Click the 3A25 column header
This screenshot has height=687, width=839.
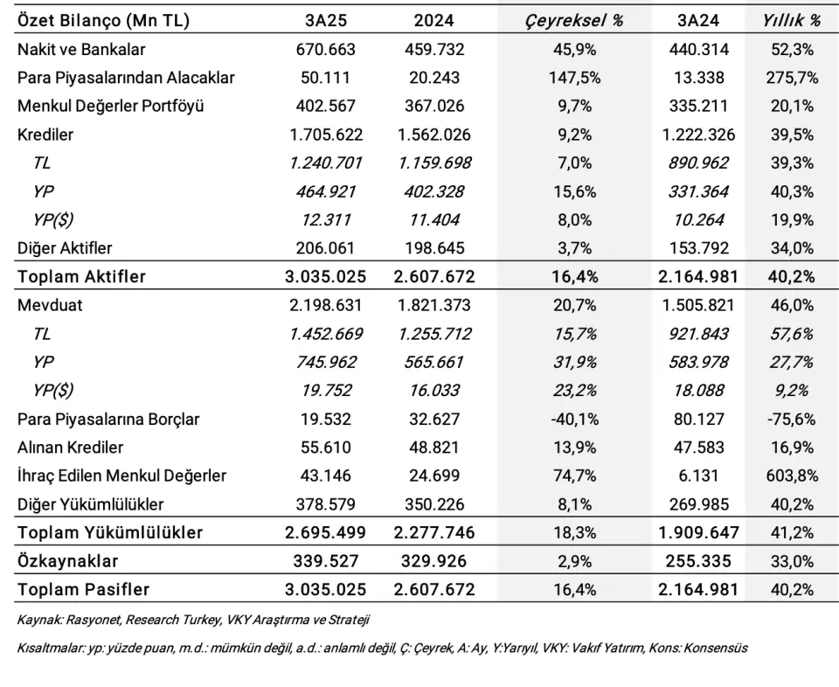point(326,20)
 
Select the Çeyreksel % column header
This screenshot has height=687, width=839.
point(574,20)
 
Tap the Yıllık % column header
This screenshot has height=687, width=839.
point(792,20)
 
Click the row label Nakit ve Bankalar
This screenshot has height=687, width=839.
point(81,49)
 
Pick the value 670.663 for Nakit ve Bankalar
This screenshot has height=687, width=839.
point(326,49)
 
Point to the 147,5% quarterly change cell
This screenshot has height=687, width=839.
point(575,78)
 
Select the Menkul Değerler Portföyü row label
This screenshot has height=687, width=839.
point(111,106)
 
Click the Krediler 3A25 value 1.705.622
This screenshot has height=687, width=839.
point(326,135)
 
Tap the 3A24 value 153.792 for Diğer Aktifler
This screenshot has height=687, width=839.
point(699,248)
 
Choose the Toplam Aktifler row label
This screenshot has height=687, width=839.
point(81,276)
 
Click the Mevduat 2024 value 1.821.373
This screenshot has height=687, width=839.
point(434,305)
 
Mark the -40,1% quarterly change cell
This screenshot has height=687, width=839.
point(575,419)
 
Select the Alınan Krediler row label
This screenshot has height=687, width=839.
point(70,448)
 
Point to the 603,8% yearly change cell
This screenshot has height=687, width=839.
point(792,475)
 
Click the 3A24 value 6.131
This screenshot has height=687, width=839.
point(699,475)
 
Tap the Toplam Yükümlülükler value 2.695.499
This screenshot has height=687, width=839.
point(326,532)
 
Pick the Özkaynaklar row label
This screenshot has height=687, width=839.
point(67,561)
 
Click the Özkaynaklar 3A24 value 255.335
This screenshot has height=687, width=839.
point(699,561)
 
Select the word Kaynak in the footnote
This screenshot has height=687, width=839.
point(40,620)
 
